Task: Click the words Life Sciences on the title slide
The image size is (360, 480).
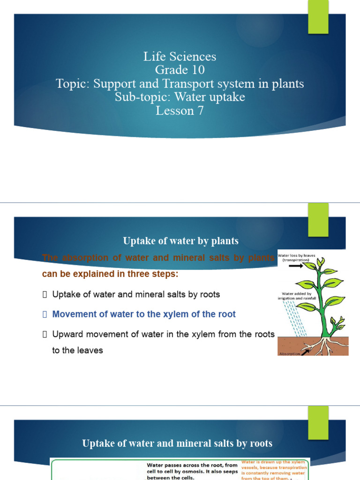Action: tap(180, 57)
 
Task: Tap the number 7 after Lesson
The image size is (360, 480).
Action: tap(200, 111)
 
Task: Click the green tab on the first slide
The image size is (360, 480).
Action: tap(318, 17)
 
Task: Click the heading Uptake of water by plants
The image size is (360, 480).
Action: tap(180, 241)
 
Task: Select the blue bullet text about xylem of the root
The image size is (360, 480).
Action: tap(144, 314)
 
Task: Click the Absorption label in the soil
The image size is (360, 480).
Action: tap(289, 353)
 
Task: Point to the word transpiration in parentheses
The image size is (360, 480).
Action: tap(297, 260)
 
